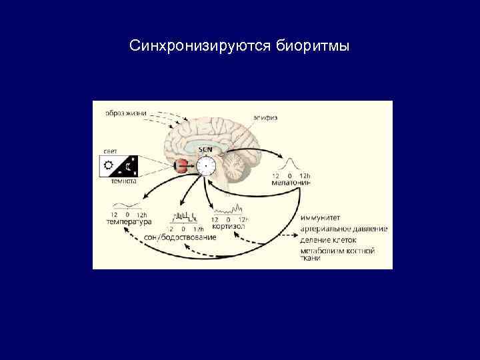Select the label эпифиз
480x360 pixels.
[265, 118]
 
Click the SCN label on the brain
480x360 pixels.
[207, 149]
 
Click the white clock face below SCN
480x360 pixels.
[207, 165]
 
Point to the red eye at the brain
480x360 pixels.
[181, 167]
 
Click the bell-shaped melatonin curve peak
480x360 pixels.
[291, 161]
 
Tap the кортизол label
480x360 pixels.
[228, 226]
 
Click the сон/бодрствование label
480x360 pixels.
[180, 237]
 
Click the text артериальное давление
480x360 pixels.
[343, 229]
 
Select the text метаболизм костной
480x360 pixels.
[337, 251]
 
